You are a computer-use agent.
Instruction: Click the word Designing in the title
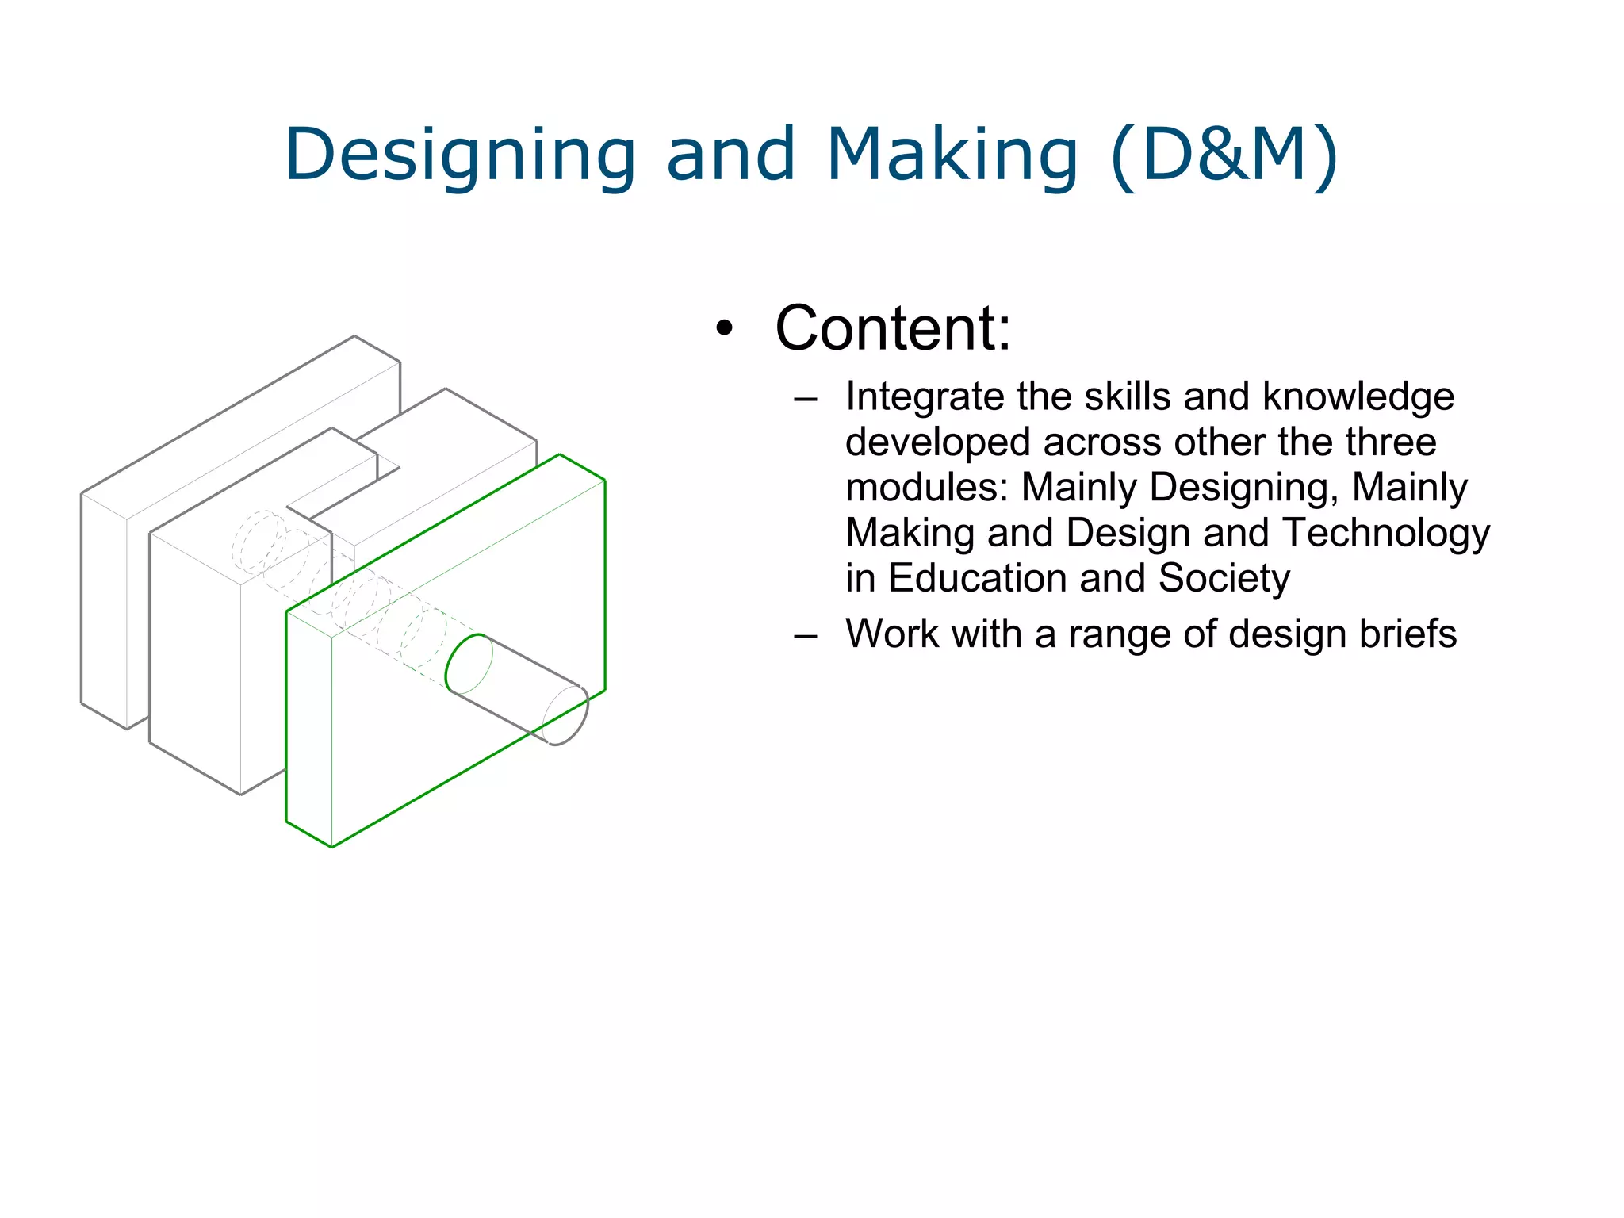pyautogui.click(x=460, y=155)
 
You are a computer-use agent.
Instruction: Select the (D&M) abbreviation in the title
pyautogui.click(x=1224, y=155)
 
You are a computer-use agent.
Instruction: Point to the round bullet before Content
pyautogui.click(x=724, y=328)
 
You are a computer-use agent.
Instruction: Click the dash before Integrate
pyautogui.click(x=805, y=398)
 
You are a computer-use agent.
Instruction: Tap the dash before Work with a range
pyautogui.click(x=805, y=636)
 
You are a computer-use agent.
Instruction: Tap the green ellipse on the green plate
pyautogui.click(x=469, y=664)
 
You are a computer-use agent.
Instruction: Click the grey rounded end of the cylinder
pyautogui.click(x=567, y=715)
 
